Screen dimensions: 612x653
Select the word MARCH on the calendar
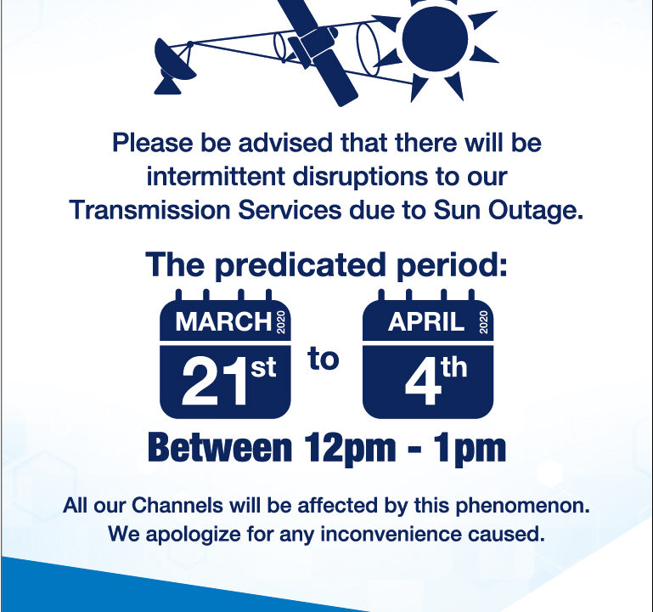click(223, 322)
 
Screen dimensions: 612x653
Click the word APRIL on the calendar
click(426, 322)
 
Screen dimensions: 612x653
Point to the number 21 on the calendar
click(208, 381)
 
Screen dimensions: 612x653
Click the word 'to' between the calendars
click(324, 359)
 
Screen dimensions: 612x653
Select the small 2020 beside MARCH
click(283, 323)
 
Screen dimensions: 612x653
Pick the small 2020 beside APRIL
click(485, 323)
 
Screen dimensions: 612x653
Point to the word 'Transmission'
click(149, 211)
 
